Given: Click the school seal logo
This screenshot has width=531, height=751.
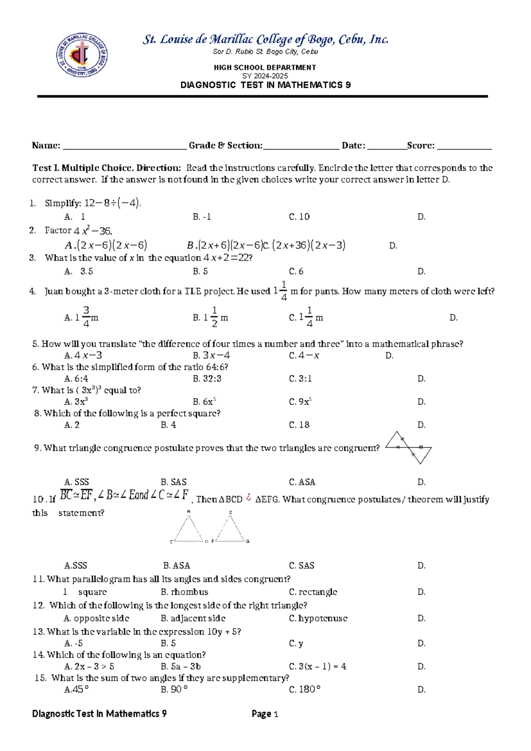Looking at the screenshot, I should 82,55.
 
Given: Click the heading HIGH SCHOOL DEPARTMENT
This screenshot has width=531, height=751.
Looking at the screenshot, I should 265,67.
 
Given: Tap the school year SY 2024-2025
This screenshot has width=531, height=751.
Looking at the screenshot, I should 265,76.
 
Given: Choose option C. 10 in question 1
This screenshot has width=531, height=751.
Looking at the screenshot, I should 299,217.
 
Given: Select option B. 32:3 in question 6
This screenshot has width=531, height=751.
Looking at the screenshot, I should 207,379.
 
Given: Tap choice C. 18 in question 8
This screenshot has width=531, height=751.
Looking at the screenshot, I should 299,425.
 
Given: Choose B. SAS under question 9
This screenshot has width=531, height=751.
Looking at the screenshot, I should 173,482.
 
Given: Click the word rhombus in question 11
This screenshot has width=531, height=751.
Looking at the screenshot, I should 189,592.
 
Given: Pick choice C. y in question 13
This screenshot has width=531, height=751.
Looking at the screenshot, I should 296,643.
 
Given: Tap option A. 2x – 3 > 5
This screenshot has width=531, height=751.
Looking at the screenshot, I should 89,666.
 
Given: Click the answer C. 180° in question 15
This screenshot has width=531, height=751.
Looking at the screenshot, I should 305,689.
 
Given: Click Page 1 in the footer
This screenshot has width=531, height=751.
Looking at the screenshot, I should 265,713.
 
